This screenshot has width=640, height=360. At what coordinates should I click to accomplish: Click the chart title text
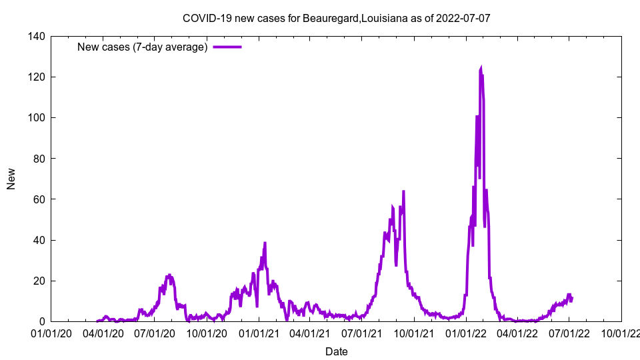[336, 18]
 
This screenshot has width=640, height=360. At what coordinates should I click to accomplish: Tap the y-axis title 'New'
[11, 179]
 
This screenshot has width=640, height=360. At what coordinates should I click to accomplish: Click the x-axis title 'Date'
[336, 351]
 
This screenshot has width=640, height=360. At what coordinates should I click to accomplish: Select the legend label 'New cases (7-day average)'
[143, 47]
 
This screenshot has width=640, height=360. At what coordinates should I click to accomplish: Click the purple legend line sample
[227, 47]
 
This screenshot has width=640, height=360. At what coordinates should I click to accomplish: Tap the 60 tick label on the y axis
[39, 199]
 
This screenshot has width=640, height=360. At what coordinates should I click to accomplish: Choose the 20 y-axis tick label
[39, 281]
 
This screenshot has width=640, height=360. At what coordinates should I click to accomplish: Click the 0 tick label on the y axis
[41, 321]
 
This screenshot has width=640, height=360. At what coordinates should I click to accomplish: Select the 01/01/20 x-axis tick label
[51, 333]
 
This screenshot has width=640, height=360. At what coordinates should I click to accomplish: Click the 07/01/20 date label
[154, 333]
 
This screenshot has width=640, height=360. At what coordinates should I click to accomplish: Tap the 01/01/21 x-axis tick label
[259, 333]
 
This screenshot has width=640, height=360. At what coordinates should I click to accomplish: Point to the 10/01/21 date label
[413, 333]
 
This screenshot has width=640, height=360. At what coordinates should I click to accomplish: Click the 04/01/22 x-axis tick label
[517, 333]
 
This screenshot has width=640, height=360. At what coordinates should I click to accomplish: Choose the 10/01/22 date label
[621, 333]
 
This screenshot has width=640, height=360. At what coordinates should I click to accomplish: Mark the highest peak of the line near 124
[481, 68]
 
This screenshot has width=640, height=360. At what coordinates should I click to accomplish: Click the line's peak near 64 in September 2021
[403, 192]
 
